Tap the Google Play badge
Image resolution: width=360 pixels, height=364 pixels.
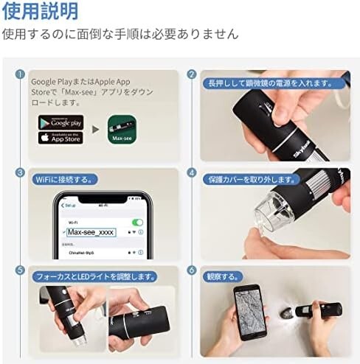(x=61, y=122)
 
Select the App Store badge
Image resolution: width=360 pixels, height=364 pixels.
(x=61, y=138)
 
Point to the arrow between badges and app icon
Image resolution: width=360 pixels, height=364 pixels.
(x=95, y=130)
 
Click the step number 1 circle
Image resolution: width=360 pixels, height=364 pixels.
(x=20, y=75)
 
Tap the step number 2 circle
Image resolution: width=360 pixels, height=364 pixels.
(x=192, y=75)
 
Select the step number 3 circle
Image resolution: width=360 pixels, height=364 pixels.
(x=20, y=173)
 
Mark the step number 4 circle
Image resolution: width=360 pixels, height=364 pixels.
(x=192, y=173)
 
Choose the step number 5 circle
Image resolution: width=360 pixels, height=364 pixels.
(x=20, y=270)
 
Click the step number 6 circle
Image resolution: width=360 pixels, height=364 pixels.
(x=192, y=270)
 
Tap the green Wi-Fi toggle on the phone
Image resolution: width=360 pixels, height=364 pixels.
(x=137, y=222)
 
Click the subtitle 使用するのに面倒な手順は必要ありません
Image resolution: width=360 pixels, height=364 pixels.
(x=120, y=34)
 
